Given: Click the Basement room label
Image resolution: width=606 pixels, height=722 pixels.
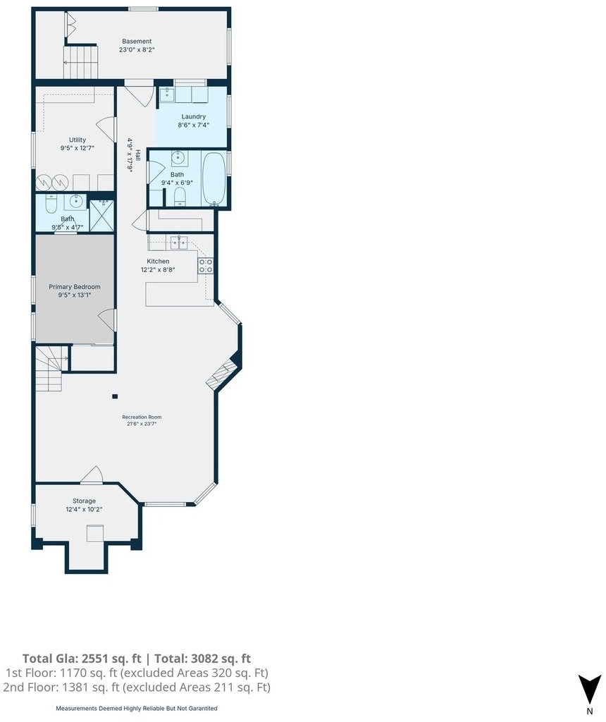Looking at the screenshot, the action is pyautogui.click(x=137, y=41).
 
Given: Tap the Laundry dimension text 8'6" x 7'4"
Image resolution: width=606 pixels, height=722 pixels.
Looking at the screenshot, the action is pyautogui.click(x=193, y=125).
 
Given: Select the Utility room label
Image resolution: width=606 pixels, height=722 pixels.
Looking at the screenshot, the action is pyautogui.click(x=78, y=140).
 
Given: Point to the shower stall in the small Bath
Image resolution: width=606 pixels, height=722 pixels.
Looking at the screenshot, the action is pyautogui.click(x=101, y=216).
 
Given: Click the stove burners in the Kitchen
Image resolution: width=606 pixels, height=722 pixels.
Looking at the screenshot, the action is pyautogui.click(x=205, y=266).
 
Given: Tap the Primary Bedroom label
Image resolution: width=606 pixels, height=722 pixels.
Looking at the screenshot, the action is pyautogui.click(x=75, y=286).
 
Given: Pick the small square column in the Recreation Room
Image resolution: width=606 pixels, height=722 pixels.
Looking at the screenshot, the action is pyautogui.click(x=115, y=396).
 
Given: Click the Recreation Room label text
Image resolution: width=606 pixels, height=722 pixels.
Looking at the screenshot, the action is pyautogui.click(x=142, y=417).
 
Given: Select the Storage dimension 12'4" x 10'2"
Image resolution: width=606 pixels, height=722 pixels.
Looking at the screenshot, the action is pyautogui.click(x=84, y=509).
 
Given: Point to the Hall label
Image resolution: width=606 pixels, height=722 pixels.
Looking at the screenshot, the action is pyautogui.click(x=138, y=154).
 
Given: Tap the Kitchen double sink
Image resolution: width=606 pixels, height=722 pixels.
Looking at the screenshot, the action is pyautogui.click(x=178, y=242).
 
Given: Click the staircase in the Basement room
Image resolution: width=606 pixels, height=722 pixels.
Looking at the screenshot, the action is pyautogui.click(x=80, y=62).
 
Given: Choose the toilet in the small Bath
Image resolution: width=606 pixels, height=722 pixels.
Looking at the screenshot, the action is pyautogui.click(x=51, y=203).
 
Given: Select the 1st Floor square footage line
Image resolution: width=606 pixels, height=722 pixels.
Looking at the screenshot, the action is pyautogui.click(x=137, y=673).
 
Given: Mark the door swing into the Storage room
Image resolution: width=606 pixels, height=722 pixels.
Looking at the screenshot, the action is pyautogui.click(x=92, y=475).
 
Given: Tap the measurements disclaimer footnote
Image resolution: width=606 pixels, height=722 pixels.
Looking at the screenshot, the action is pyautogui.click(x=137, y=708).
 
